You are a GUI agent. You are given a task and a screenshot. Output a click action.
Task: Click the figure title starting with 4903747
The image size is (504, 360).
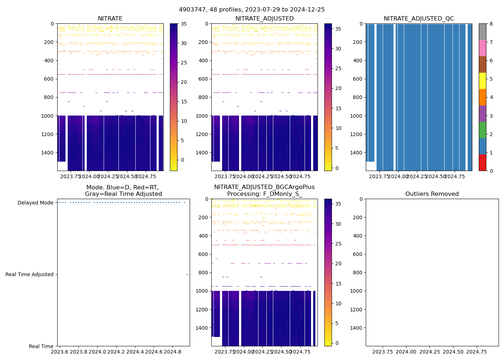(x=252, y=10)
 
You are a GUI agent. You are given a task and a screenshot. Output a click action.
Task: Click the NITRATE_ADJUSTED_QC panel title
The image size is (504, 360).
(x=419, y=19)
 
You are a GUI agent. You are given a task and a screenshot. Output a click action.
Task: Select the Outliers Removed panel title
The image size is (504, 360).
(x=432, y=194)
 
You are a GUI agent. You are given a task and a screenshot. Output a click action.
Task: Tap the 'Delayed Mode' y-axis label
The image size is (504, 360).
(x=35, y=203)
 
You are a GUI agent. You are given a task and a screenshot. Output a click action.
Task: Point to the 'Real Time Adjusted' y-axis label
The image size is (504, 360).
(x=29, y=274)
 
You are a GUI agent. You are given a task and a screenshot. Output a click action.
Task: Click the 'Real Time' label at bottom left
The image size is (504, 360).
(x=41, y=346)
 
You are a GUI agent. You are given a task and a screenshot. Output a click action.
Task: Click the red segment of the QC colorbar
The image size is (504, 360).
(x=482, y=162)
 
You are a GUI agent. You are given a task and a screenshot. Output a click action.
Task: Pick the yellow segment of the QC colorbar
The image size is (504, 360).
(x=482, y=81)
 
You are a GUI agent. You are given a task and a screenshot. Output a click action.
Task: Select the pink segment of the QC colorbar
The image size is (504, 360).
(x=482, y=48)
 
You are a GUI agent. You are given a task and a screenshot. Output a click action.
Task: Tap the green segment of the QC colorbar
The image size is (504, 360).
(x=482, y=130)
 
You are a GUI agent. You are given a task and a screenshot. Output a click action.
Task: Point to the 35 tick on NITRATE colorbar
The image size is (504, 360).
(x=184, y=24)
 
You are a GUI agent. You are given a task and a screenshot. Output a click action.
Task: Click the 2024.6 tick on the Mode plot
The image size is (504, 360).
(x=154, y=352)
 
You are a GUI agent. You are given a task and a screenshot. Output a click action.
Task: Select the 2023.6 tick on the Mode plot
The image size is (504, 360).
(x=60, y=352)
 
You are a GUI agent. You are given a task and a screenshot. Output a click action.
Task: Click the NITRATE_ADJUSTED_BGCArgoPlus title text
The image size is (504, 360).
(x=264, y=187)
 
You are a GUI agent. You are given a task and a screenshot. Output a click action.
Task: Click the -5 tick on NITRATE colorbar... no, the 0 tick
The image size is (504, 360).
(x=182, y=160)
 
